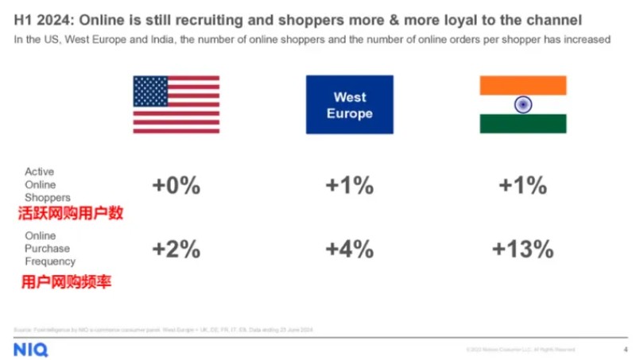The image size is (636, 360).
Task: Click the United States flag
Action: click(x=176, y=104)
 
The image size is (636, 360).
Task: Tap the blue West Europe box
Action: click(x=349, y=104)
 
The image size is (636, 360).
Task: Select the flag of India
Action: click(x=522, y=104)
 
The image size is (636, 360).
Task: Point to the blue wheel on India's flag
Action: click(x=522, y=104)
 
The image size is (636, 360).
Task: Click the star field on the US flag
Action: click(x=150, y=91)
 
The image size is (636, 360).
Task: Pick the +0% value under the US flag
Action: click(x=176, y=186)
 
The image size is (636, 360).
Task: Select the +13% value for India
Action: click(x=522, y=249)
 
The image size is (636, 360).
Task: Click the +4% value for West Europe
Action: click(x=349, y=249)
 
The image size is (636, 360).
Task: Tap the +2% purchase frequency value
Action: click(x=176, y=249)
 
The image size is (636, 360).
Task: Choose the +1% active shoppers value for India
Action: click(x=522, y=186)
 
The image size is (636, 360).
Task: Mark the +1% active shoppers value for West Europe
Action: click(x=349, y=186)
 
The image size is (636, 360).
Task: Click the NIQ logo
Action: click(x=29, y=349)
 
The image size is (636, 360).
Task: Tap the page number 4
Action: click(x=625, y=349)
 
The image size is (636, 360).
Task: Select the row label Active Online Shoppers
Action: click(x=48, y=184)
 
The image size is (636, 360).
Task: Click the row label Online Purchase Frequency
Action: click(x=49, y=248)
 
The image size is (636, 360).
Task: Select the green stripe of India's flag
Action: click(x=522, y=124)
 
